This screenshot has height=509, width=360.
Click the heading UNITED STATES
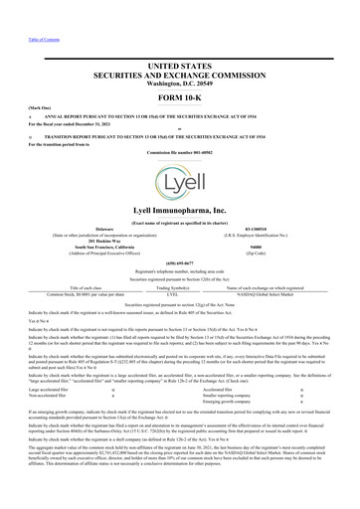tap(180, 64)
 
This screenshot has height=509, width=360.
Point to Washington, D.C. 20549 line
tap(180, 84)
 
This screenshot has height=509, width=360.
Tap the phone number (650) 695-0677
tap(180, 266)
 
